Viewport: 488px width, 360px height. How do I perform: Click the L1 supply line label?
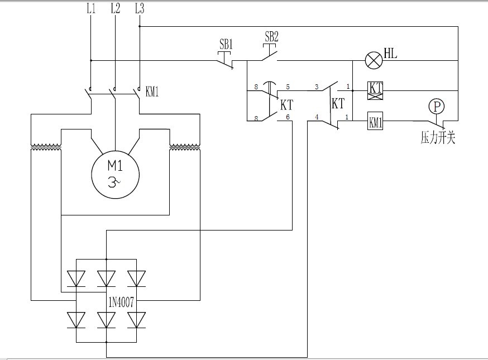pos(91,8)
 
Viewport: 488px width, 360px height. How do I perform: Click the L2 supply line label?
pos(115,8)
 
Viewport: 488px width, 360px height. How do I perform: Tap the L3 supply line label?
pos(140,8)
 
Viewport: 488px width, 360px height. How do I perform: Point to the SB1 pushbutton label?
pos(226,43)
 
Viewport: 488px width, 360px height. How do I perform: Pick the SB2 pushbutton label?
pos(271,37)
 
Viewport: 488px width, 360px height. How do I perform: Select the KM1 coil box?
pos(375,121)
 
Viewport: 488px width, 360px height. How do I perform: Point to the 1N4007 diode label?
pos(122,304)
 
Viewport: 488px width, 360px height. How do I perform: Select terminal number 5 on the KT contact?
pos(288,87)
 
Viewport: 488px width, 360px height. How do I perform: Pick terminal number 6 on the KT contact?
pos(288,117)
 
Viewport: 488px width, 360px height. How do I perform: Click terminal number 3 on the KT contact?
pos(317,87)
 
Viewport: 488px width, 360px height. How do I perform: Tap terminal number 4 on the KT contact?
pos(317,117)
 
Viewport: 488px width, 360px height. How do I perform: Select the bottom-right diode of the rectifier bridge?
pos(136,319)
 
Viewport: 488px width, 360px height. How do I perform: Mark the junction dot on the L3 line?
pos(140,26)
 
